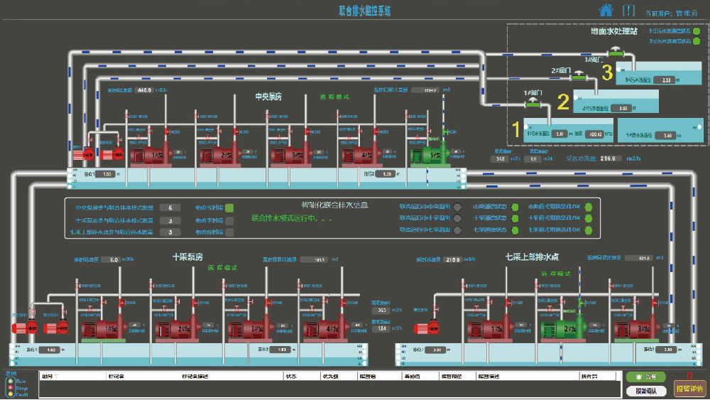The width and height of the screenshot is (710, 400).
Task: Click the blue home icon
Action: coord(606,10)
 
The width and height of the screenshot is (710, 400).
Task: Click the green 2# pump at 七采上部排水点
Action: coord(561,329)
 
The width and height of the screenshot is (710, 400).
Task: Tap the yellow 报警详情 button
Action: coord(689,389)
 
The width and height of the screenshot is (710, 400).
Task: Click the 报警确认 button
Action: coord(645,390)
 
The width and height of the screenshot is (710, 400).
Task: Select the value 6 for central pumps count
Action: coord(170,207)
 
